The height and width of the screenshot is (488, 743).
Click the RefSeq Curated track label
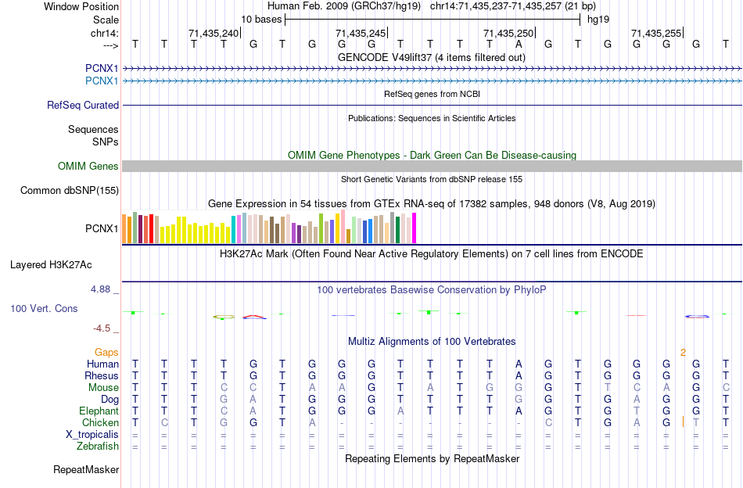click(x=83, y=105)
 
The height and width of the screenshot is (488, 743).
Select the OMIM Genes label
click(x=88, y=166)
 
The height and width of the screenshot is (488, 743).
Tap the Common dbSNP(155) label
click(x=70, y=190)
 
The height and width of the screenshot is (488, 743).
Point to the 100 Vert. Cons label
click(x=44, y=309)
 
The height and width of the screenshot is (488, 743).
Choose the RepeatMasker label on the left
click(x=86, y=470)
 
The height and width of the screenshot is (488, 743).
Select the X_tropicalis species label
click(x=92, y=435)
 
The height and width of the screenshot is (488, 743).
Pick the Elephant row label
click(x=99, y=411)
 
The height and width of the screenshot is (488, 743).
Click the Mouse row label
click(x=103, y=388)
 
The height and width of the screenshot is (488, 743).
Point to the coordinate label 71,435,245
click(x=361, y=33)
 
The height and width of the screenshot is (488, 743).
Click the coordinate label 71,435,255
click(x=656, y=33)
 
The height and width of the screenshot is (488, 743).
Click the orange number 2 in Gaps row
click(x=683, y=353)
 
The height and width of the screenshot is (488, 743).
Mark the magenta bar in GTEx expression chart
click(x=414, y=228)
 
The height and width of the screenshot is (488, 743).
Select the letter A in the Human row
click(x=519, y=364)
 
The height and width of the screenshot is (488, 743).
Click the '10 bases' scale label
click(x=260, y=18)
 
